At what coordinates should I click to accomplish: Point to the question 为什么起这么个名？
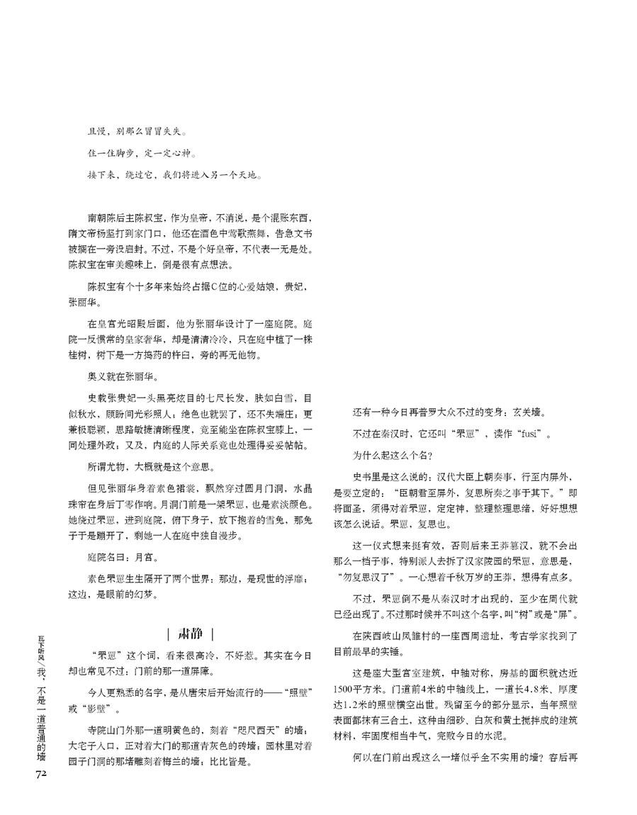pos(394,454)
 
